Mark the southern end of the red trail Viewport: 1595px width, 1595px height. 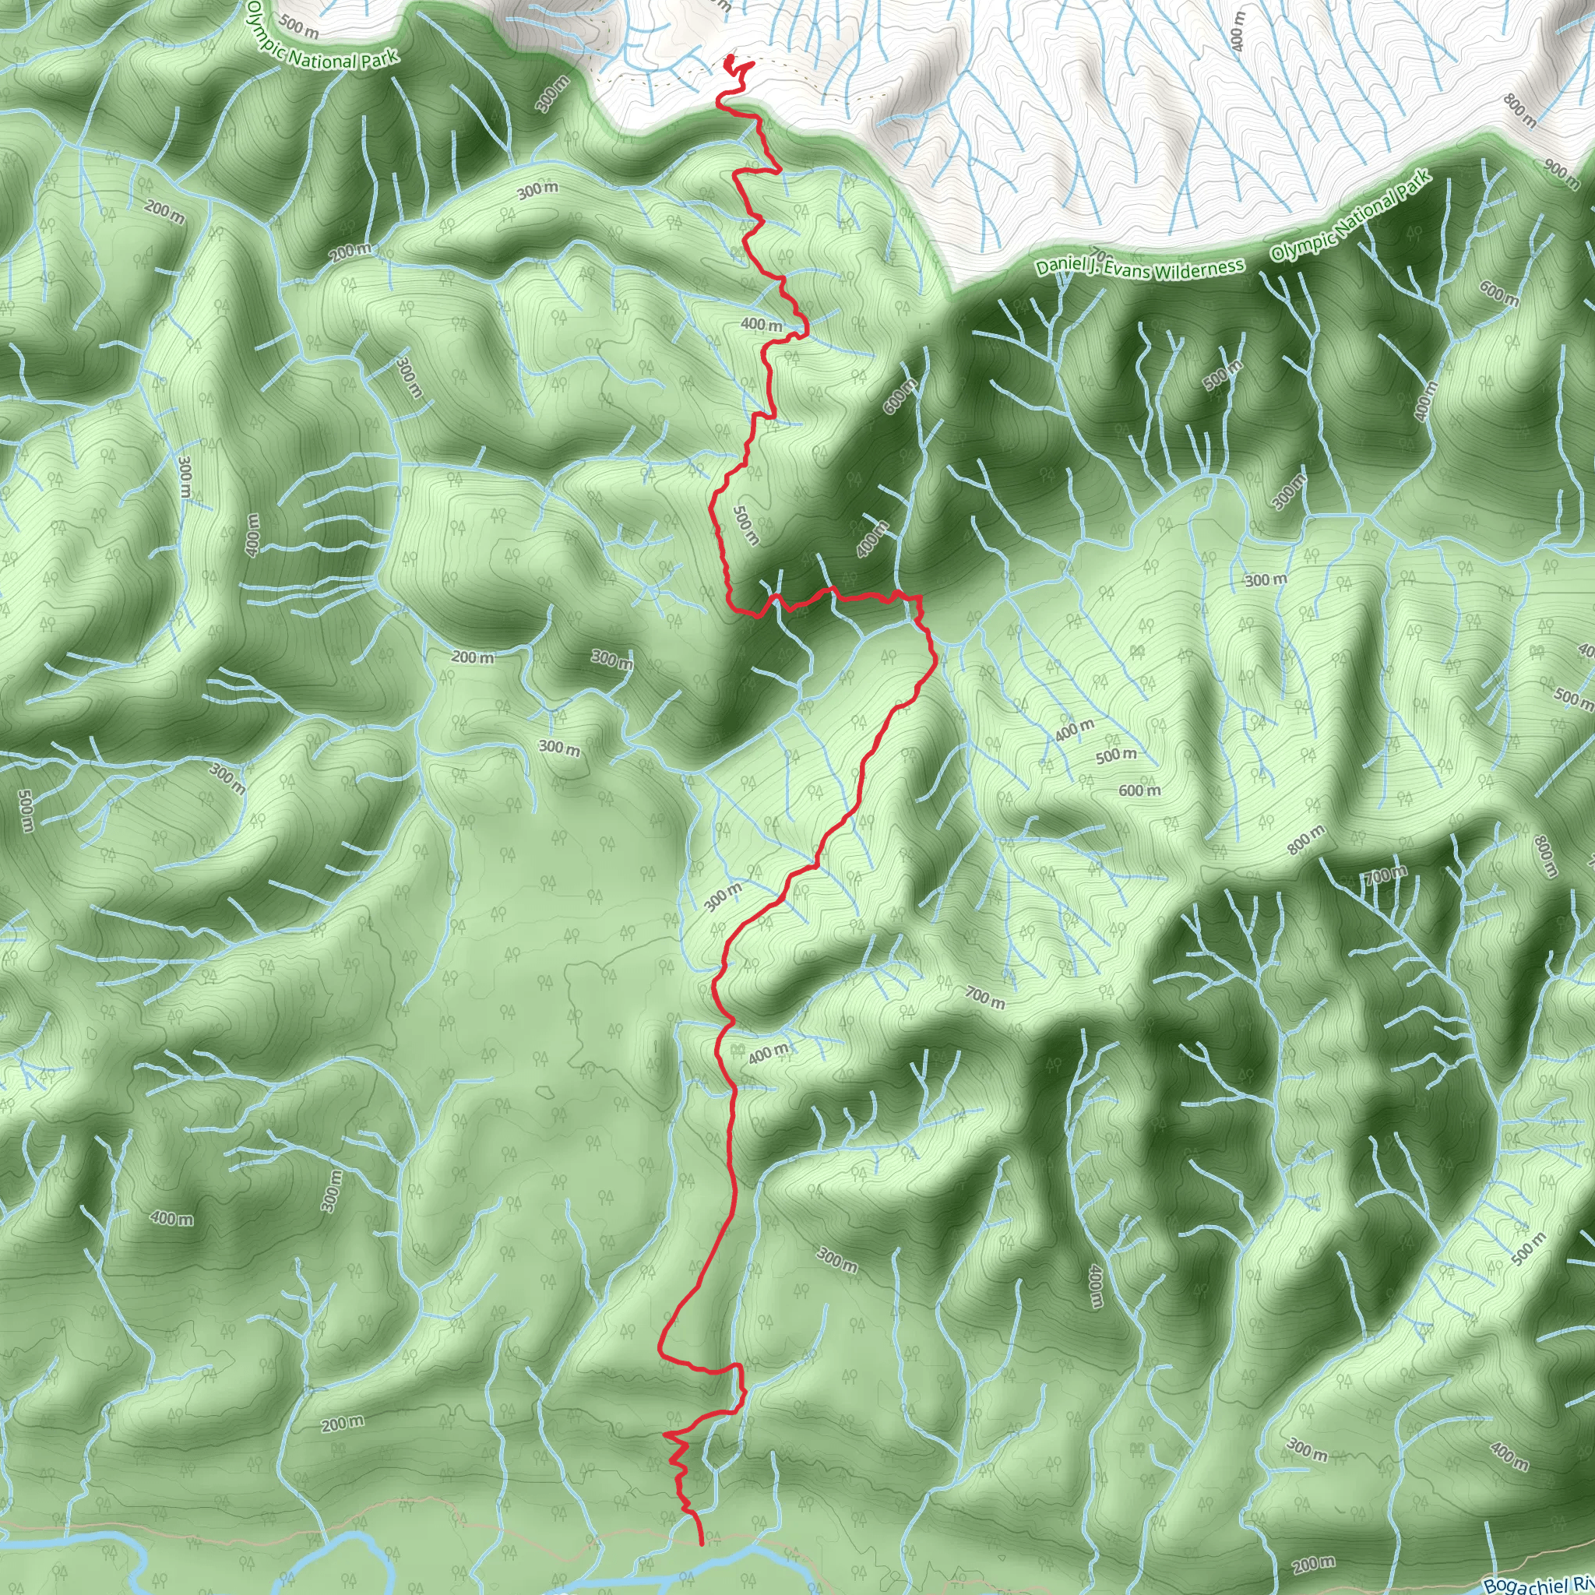click(x=702, y=1543)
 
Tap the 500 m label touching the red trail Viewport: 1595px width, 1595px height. click(x=745, y=525)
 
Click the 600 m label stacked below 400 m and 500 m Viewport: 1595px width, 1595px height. click(x=1139, y=791)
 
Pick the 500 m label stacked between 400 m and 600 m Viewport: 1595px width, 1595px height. click(x=1115, y=755)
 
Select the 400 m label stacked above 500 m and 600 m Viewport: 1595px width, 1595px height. click(x=1074, y=729)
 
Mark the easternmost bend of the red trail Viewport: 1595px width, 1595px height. click(x=935, y=660)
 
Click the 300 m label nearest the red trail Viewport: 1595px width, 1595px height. click(x=724, y=896)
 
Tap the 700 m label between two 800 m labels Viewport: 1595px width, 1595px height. click(x=1386, y=875)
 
